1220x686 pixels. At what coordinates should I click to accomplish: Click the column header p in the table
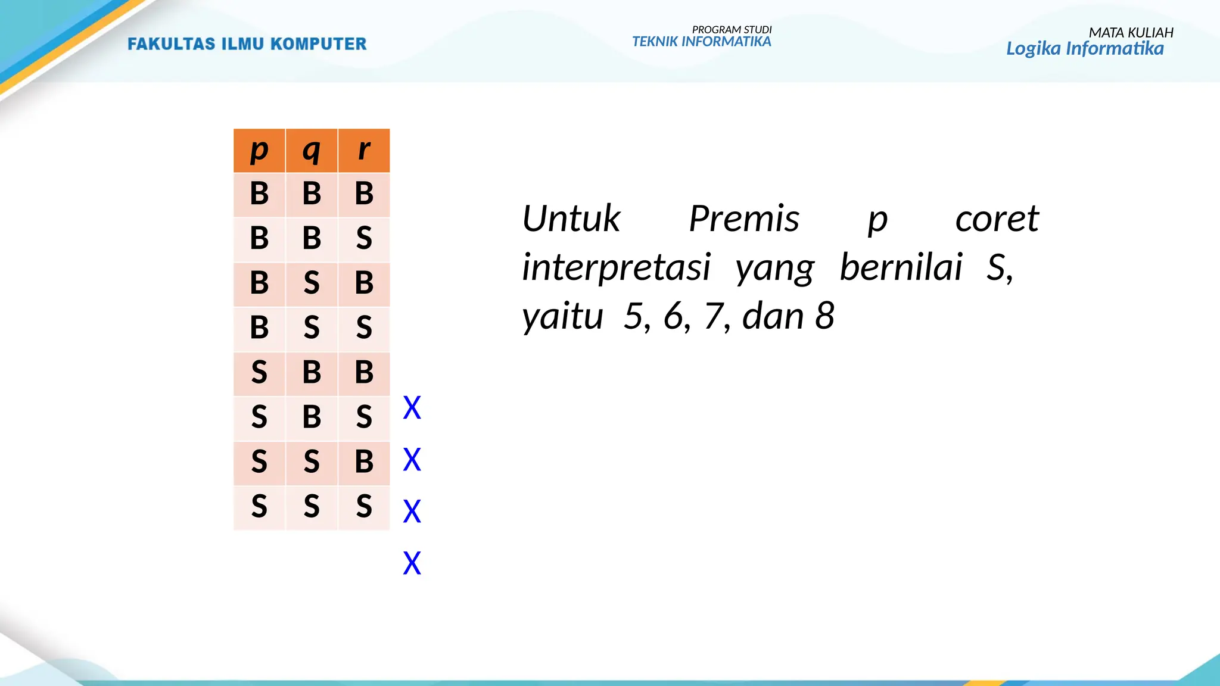(x=259, y=150)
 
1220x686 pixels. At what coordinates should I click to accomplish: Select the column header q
(x=312, y=150)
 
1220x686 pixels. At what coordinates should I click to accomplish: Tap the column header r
(x=364, y=150)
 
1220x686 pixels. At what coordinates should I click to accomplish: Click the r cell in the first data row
(x=364, y=194)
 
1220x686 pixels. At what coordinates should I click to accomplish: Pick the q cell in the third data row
(x=312, y=283)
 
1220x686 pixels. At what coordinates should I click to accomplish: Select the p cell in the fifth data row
(x=259, y=372)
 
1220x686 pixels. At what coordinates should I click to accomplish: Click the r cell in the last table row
(x=364, y=507)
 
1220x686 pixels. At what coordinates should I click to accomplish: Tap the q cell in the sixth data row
(x=312, y=417)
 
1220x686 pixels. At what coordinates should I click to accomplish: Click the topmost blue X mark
(x=412, y=408)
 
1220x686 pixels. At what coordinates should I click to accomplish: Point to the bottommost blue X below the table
(x=412, y=563)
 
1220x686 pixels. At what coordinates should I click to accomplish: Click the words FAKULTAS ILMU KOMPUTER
(x=247, y=44)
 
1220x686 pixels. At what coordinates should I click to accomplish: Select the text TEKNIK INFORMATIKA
(x=701, y=42)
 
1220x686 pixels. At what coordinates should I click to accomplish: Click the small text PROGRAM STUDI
(x=732, y=30)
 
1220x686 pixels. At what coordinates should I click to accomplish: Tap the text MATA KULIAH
(x=1131, y=33)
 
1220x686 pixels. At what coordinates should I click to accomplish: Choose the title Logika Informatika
(x=1084, y=48)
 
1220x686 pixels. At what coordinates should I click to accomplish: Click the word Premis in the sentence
(x=743, y=219)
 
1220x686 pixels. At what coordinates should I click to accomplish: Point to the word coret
(x=997, y=219)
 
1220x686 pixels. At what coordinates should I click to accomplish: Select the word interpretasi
(x=616, y=267)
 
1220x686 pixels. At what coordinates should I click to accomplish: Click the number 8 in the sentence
(x=824, y=316)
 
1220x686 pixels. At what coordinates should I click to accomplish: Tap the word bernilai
(x=901, y=267)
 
